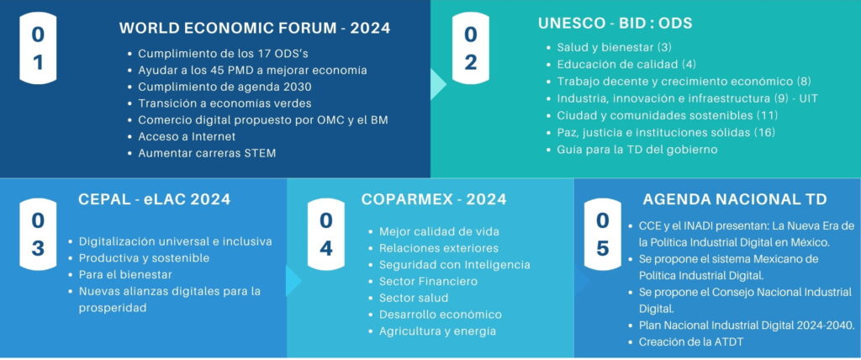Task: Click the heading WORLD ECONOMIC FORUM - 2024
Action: point(255,28)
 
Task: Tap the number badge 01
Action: point(38,49)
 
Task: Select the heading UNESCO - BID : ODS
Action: point(615,24)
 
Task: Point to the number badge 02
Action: point(471,49)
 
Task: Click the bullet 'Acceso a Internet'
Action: point(187,136)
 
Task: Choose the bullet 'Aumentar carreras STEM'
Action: point(207,153)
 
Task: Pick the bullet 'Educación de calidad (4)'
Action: point(626,64)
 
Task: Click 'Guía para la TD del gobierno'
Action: point(637,149)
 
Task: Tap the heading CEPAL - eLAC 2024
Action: point(155,199)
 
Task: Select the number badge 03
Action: point(38,235)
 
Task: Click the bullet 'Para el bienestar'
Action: point(126,274)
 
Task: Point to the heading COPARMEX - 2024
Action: point(434,199)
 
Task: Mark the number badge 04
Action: point(326,235)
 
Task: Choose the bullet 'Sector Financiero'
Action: point(428,282)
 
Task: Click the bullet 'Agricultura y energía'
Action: point(437,331)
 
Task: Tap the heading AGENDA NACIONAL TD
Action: point(734,199)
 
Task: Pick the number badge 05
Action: point(602,235)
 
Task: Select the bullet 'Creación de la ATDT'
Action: point(691,341)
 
